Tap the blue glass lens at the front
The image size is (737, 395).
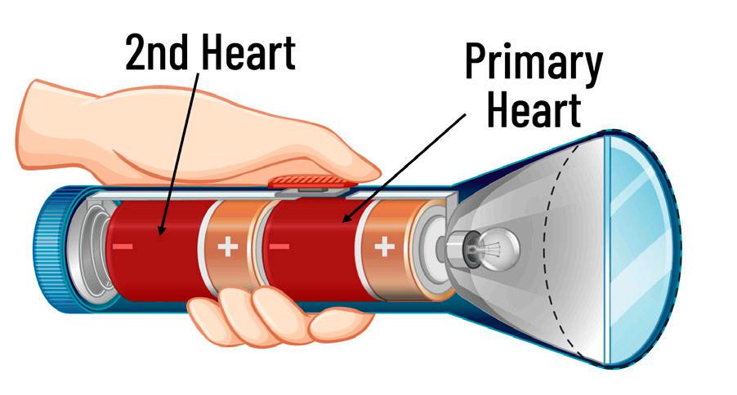click(635, 245)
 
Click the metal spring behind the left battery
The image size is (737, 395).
click(90, 245)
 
